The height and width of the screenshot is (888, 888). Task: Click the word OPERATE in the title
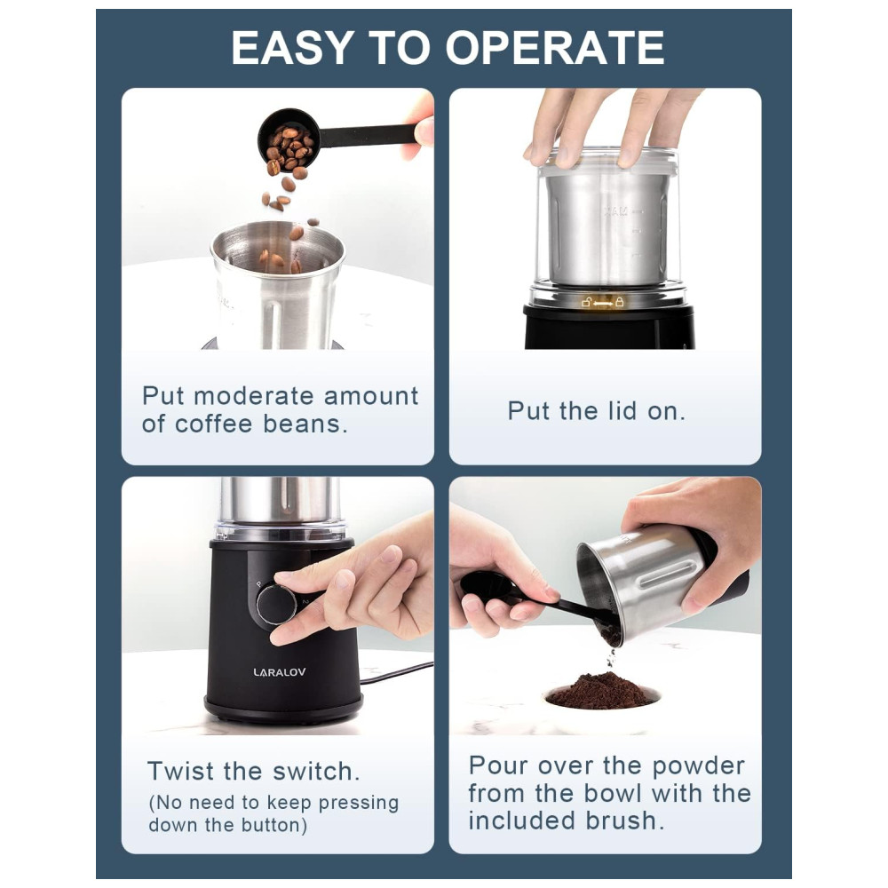[556, 48]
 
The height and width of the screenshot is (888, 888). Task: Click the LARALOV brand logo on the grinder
[279, 672]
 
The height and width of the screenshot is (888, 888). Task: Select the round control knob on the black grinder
[276, 605]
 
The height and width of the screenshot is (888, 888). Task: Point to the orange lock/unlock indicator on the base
[603, 303]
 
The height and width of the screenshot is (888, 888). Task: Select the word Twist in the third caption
[180, 772]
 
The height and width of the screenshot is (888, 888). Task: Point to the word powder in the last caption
[697, 765]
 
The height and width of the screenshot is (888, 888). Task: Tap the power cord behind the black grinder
[396, 672]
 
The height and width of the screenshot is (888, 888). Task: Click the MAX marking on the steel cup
[617, 212]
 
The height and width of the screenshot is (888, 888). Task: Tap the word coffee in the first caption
[213, 424]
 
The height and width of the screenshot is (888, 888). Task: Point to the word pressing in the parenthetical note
[358, 803]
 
